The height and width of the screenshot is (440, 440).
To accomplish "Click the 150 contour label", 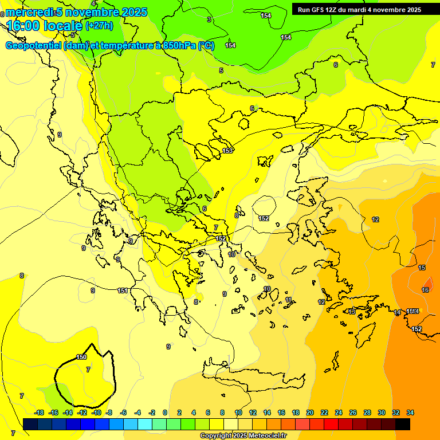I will [81, 357].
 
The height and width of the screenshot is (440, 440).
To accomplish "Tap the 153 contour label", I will [227, 151].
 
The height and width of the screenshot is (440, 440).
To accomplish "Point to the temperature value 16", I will [425, 290].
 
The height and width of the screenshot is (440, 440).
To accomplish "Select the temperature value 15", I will [422, 268].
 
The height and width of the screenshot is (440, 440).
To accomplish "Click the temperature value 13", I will [352, 312].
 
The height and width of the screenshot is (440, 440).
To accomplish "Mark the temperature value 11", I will [289, 300].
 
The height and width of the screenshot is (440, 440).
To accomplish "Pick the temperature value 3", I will [209, 19].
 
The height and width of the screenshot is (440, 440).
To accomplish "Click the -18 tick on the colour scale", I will [38, 412].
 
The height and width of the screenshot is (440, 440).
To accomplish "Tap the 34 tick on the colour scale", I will [410, 412].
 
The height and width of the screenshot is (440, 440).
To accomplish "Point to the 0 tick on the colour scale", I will [165, 412].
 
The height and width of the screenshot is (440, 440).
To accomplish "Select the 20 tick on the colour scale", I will [310, 412].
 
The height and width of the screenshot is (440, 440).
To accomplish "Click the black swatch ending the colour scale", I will [403, 424].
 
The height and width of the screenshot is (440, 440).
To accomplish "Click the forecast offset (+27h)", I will [99, 25].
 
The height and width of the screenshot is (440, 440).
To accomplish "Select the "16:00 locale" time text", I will [44, 25].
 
